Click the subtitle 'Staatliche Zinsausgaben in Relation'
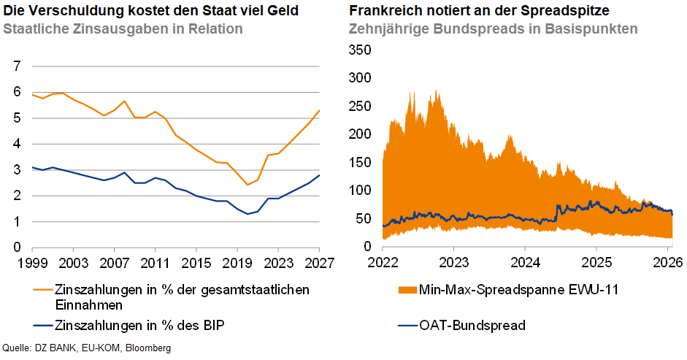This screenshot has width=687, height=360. coord(123,29)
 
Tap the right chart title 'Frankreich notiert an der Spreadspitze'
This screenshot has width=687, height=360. coord(480,11)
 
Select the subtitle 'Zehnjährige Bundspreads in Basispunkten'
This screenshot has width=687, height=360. coord(494,29)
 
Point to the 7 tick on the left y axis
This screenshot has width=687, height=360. coord(16,66)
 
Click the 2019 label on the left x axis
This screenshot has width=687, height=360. coord(236,262)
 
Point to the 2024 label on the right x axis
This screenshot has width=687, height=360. coord(525,262)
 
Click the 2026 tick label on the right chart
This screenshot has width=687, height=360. coord(667,262)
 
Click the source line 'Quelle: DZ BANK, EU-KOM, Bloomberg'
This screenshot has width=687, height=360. coord(88,348)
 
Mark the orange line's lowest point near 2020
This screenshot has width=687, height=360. coord(247,185)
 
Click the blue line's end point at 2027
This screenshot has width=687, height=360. coord(319,175)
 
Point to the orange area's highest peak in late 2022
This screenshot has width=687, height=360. coord(436,92)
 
